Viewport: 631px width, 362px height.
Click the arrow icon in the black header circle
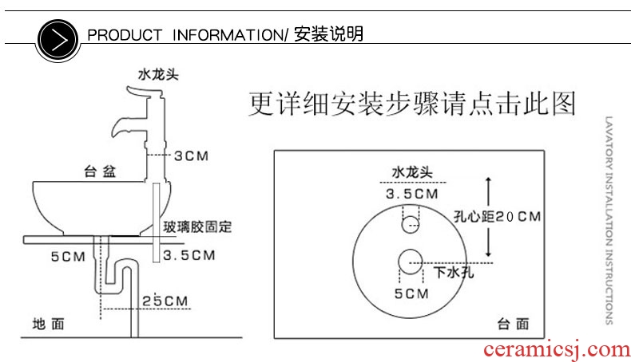[x=58, y=36]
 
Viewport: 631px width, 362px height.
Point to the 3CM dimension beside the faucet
[x=192, y=155]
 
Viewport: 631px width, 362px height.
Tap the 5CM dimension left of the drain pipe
[x=67, y=256]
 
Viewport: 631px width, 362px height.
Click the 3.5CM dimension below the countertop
[x=189, y=256]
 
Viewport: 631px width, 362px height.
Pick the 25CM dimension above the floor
[x=166, y=300]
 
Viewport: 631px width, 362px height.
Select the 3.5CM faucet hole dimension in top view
[x=411, y=194]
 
